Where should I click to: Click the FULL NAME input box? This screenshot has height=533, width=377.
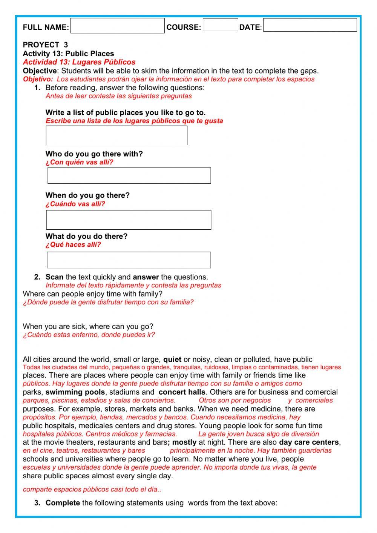coord(117,26)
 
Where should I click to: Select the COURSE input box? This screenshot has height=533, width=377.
coord(220,25)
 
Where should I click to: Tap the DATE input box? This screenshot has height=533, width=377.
coord(310,25)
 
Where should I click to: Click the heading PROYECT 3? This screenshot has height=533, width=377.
coord(45,45)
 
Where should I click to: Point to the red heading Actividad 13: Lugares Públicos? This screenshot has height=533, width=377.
coord(79,62)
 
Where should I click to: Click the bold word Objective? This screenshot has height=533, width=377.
coord(40,71)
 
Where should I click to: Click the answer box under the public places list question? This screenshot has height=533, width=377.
coord(116,135)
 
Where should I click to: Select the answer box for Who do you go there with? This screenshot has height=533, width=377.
coord(129,176)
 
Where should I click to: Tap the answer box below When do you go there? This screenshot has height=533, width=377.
coord(129,220)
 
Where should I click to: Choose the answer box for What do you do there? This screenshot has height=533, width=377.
coord(129,260)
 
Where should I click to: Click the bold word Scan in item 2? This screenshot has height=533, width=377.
coord(54,277)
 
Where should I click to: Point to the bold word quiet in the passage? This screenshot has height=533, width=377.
coord(172,359)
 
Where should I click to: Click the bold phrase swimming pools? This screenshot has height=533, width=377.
coord(75,392)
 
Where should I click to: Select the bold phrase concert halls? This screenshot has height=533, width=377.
coord(182,392)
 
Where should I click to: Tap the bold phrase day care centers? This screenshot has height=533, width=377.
coord(309,442)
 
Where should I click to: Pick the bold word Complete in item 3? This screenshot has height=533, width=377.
coord(63,503)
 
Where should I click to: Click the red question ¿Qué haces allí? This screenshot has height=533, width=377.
coord(73,245)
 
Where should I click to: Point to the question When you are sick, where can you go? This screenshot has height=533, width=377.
coord(88,327)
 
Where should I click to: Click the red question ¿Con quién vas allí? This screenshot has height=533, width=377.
coord(79,163)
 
